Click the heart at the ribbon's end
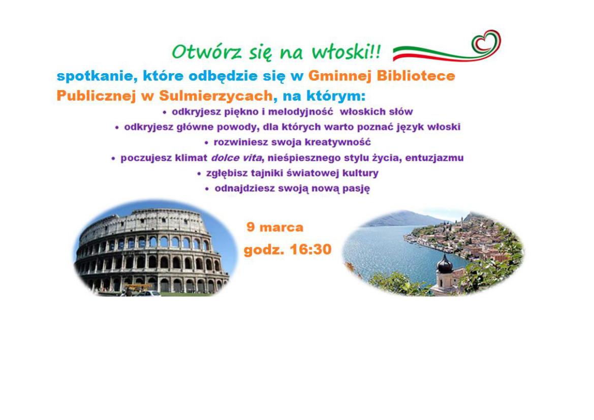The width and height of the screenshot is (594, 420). coord(486,42)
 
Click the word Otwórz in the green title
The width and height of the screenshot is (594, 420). coord(207,52)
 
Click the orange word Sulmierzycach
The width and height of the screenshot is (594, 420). coord(215,96)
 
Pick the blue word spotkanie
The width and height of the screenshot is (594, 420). coord(97,76)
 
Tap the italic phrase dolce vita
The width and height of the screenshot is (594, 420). coord(236,158)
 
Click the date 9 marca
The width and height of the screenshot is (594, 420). coord(275,227)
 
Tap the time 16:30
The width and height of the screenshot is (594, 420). coord(310,250)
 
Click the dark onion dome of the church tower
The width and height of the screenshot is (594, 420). coord(445,263)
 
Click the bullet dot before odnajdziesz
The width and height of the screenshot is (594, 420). coord(207,189)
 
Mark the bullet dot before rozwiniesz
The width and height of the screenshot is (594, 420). coord(206,143)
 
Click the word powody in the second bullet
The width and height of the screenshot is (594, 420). coord(237,127)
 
